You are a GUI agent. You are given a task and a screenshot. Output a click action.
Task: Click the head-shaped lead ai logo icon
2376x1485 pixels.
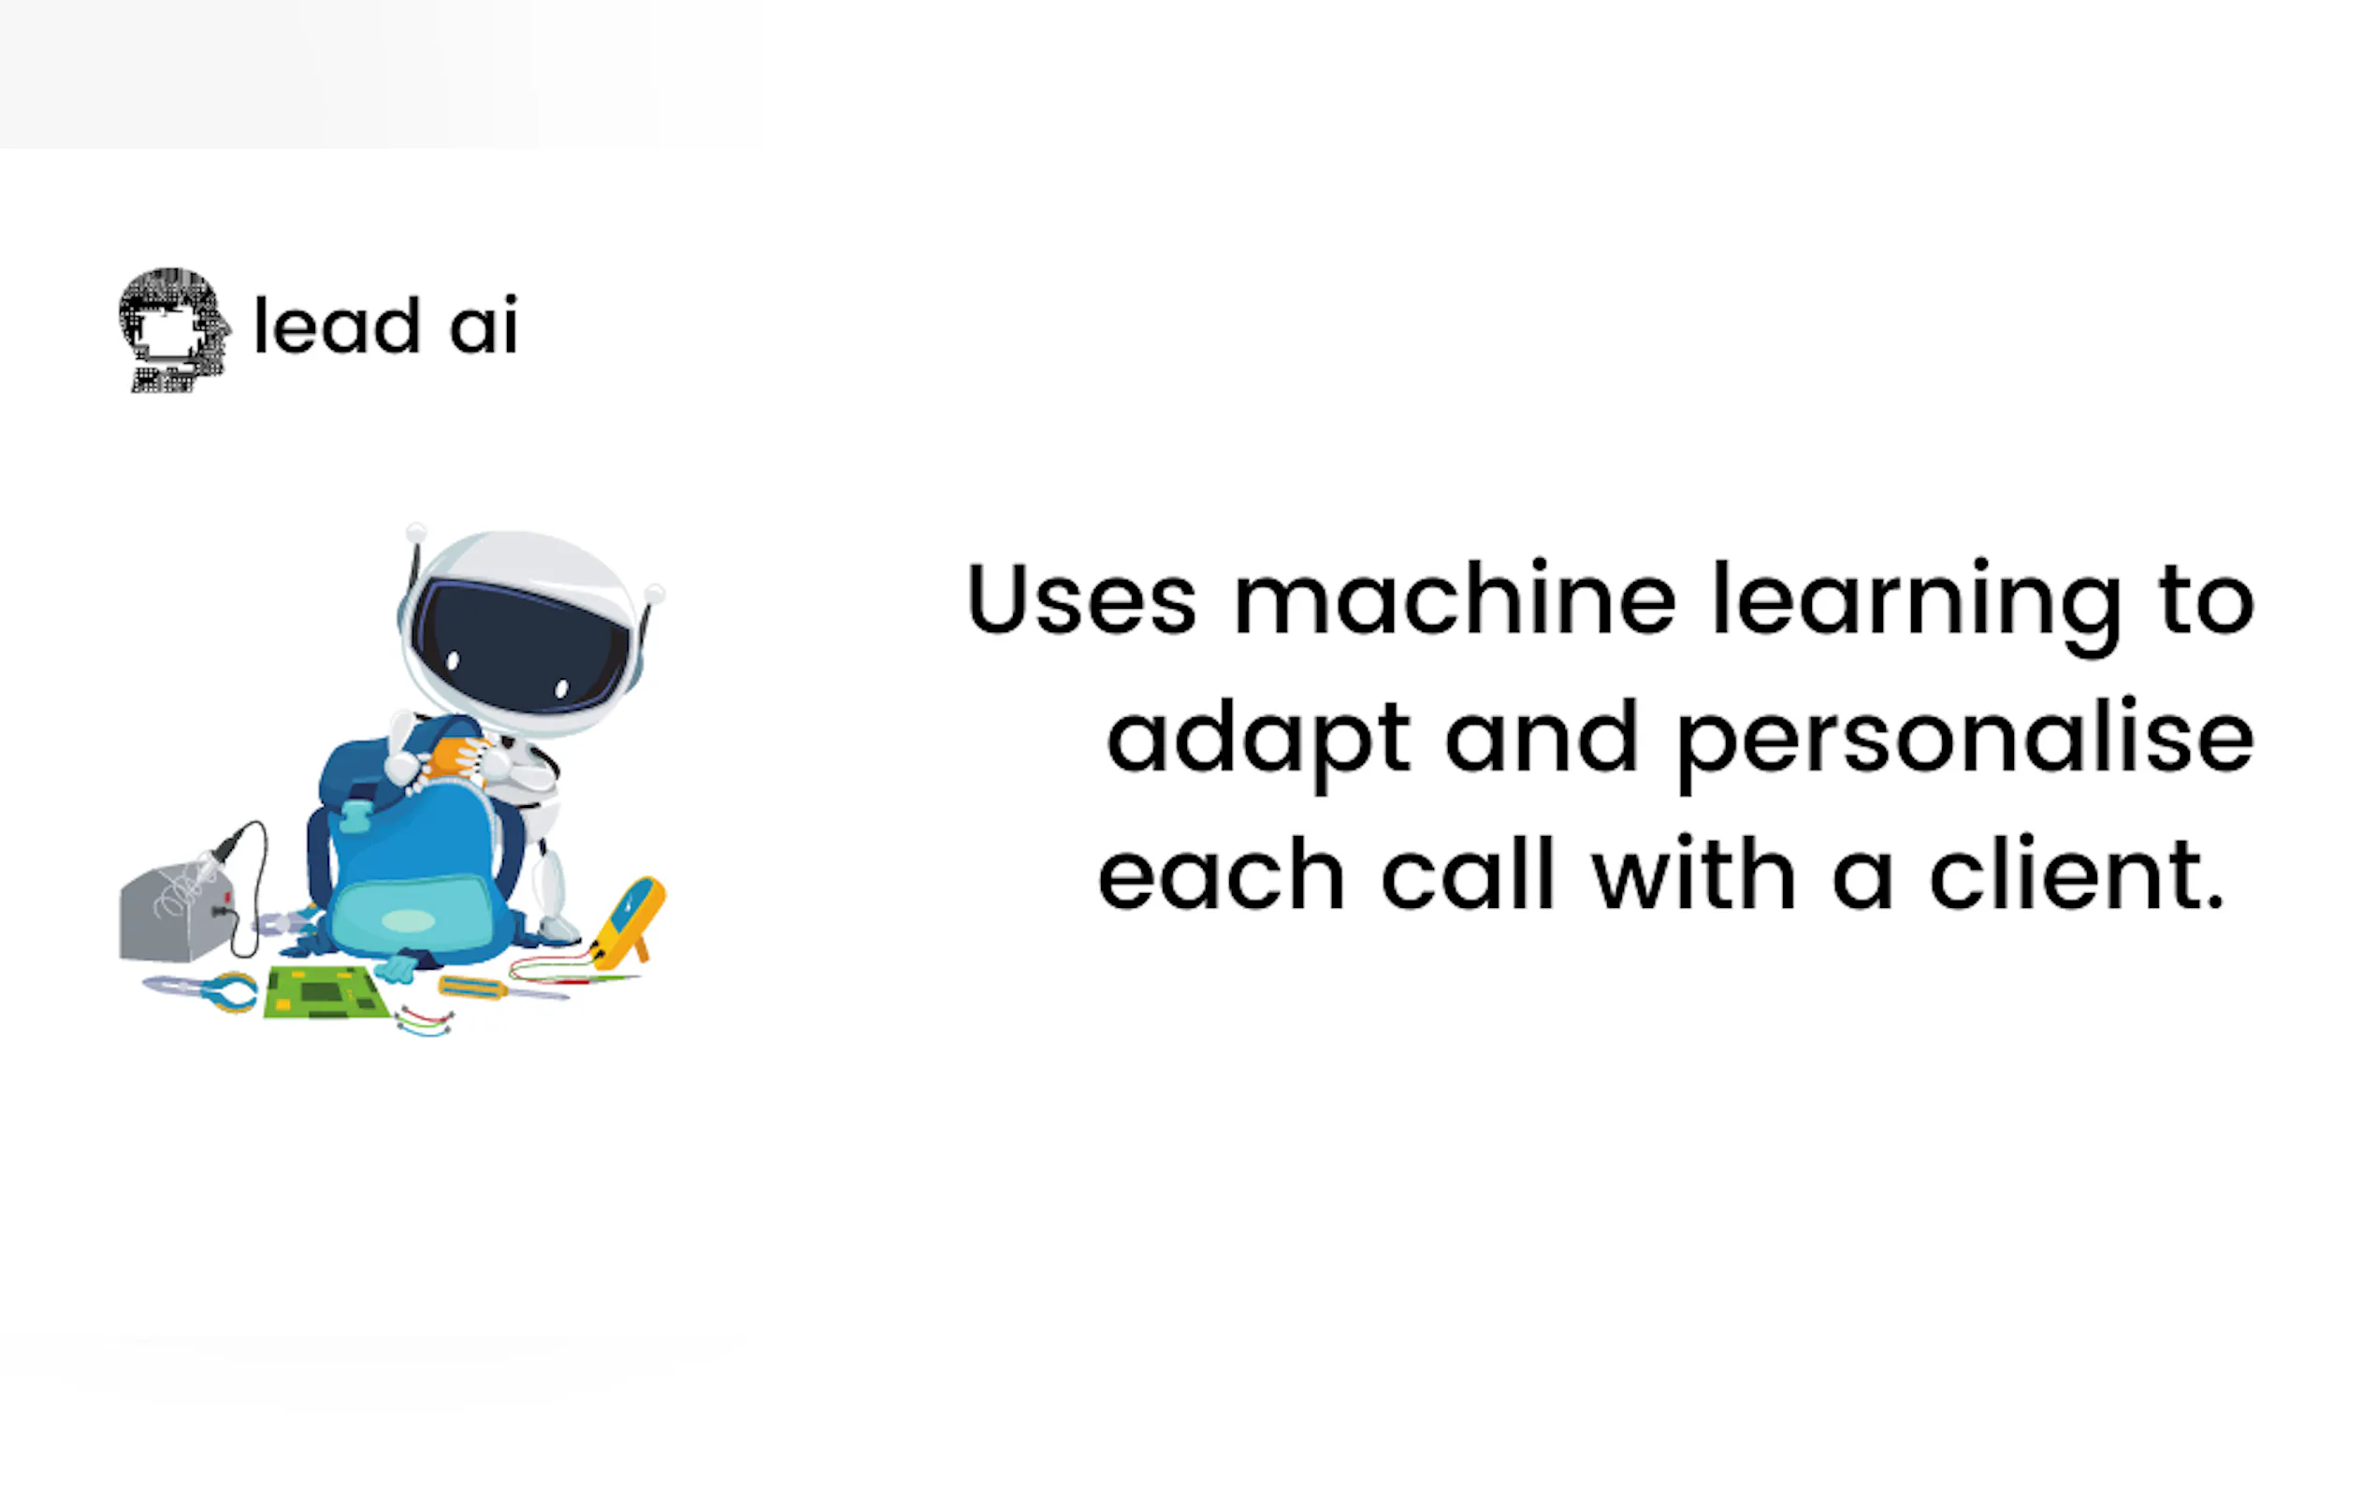pos(175,330)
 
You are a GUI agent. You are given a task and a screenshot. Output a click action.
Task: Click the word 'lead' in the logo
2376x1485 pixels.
pos(337,325)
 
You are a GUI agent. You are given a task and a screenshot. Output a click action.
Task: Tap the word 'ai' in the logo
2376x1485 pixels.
pos(484,325)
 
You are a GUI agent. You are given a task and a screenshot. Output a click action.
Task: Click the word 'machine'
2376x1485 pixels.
pos(1455,597)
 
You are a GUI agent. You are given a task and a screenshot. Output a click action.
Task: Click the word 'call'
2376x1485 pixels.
pos(1469,873)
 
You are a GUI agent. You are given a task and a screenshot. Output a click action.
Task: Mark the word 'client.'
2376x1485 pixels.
pos(2078,873)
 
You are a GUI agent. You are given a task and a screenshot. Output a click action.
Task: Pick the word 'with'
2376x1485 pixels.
pos(1694,873)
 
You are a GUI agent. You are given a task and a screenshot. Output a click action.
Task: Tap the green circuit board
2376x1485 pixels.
pos(326,993)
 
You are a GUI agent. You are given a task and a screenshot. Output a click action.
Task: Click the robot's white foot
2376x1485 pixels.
pos(557,927)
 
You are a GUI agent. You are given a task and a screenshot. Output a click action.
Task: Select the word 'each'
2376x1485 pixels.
pos(1221,873)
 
